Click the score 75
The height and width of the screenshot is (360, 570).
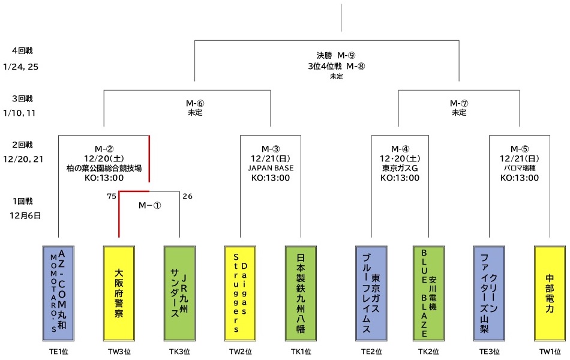coord(111,196)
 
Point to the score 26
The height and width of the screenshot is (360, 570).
coord(187,196)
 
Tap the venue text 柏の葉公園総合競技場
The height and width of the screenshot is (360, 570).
coord(104,169)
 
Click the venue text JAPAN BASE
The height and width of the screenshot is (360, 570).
coord(271,168)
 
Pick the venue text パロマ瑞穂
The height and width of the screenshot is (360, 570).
coord(520,169)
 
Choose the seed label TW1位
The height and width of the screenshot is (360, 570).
coord(550,352)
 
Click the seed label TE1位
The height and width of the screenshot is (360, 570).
coord(58,352)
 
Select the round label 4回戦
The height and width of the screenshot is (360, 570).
coord(22,51)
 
